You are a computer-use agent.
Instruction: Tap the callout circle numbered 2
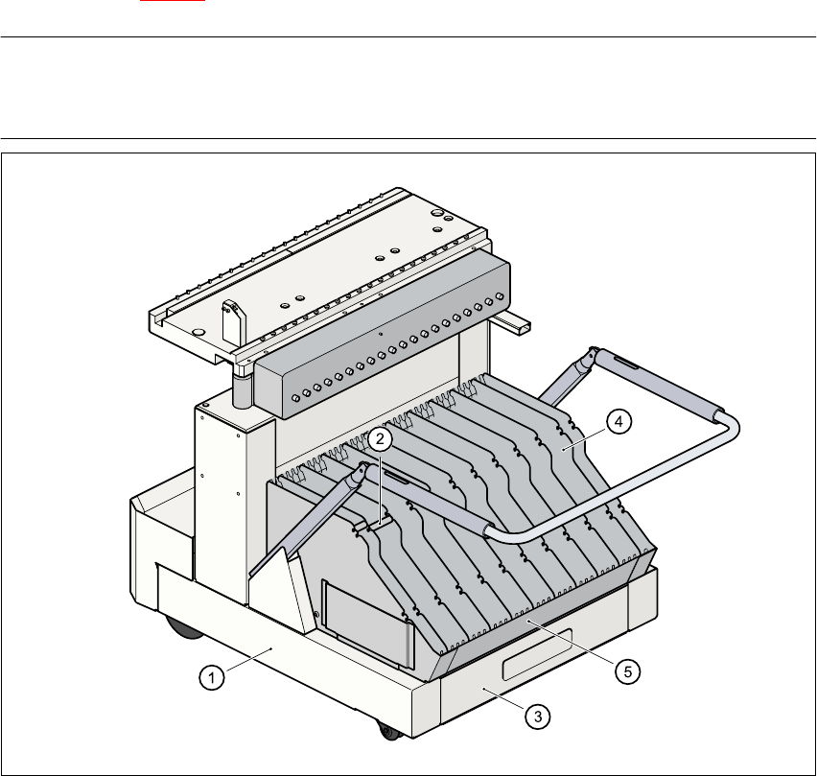(381, 439)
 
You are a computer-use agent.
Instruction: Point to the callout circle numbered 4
(619, 420)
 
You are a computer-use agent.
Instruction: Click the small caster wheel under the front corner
(389, 731)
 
